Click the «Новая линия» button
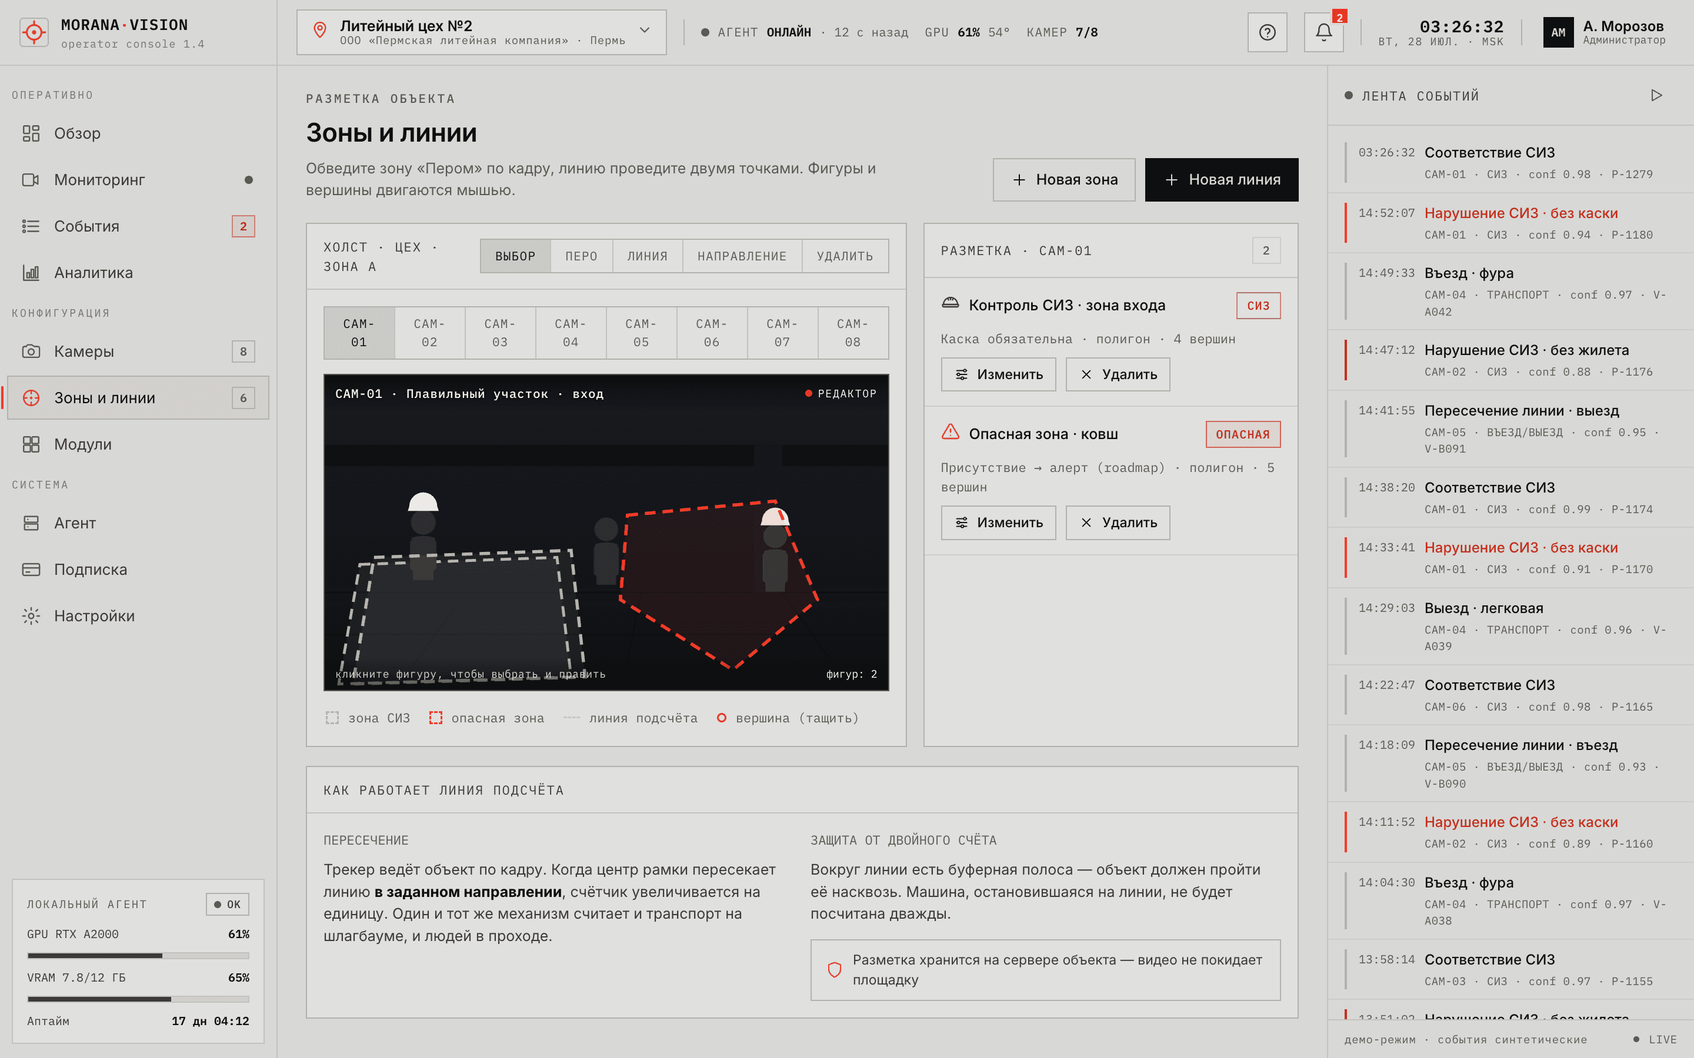pos(1222,180)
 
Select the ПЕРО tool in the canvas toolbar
pos(581,256)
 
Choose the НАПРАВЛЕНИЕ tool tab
pos(742,256)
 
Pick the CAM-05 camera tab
pos(641,333)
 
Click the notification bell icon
pos(1323,32)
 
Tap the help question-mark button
pos(1267,32)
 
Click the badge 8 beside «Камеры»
pos(244,351)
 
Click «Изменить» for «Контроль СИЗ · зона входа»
pos(998,374)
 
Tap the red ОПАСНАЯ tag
pos(1242,434)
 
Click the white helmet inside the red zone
pos(775,517)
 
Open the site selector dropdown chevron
pos(645,30)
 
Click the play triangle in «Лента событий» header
pos(1656,95)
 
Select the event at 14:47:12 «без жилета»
pos(1510,360)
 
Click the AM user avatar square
pos(1558,32)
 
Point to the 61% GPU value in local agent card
pos(239,934)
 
